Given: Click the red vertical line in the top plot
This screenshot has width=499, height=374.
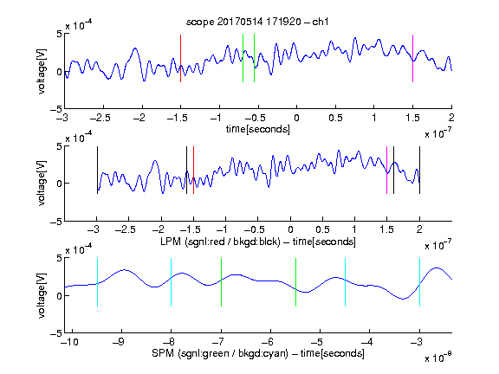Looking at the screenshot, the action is [x=180, y=59].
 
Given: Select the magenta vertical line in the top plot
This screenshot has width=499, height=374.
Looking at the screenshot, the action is [x=412, y=59].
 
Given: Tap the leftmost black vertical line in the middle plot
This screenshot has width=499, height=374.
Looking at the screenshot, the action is [x=97, y=170].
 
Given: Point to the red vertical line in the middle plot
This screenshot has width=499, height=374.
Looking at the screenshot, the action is [x=193, y=170].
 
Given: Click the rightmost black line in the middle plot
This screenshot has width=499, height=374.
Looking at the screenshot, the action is [x=419, y=170].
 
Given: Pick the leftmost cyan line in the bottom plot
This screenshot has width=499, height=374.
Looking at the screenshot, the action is [x=97, y=282].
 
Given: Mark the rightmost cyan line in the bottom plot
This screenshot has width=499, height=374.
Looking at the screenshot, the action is [x=419, y=282].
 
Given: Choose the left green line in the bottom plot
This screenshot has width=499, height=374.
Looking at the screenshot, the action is [x=221, y=282].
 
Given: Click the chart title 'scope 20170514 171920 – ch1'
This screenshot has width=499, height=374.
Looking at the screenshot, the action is [x=257, y=22].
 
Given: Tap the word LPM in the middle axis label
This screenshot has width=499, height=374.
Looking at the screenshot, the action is [x=171, y=242].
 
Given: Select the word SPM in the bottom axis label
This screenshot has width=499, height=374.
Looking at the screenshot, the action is [x=163, y=353].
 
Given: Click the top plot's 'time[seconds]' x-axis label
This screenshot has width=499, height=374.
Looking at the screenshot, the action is [x=258, y=129].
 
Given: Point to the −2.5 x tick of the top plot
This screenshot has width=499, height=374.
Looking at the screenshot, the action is [x=100, y=118].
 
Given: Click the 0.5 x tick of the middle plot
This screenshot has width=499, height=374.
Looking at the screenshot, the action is [x=322, y=229].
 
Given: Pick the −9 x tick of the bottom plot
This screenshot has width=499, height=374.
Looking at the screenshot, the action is [x=119, y=342].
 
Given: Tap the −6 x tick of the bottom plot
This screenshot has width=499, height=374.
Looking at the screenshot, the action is [x=268, y=342].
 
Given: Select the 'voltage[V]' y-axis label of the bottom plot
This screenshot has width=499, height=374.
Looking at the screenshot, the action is [x=42, y=295].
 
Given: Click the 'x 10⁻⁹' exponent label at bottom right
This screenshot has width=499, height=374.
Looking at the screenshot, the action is [x=437, y=358].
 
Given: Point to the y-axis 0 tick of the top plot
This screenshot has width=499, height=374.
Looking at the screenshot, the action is [x=59, y=72].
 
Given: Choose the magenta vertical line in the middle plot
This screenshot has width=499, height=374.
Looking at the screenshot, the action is [x=386, y=170].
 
